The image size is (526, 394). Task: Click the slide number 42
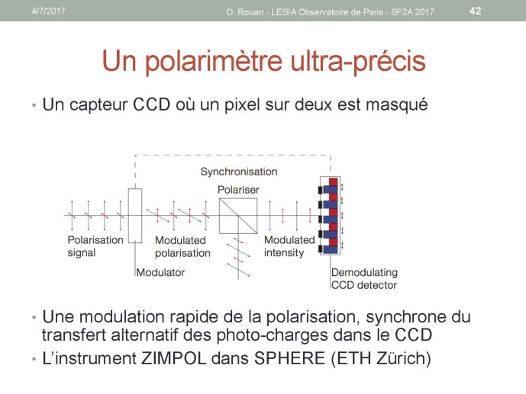coord(476,11)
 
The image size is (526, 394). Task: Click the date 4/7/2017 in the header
coord(48,11)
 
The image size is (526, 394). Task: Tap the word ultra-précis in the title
coord(358,61)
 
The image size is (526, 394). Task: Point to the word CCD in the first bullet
coord(152,104)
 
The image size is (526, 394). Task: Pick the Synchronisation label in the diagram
coord(239,171)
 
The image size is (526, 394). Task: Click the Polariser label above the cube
coord(238,190)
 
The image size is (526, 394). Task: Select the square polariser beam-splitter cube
coord(238,216)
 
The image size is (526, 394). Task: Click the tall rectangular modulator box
coord(135,215)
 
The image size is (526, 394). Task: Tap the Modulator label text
coord(160,273)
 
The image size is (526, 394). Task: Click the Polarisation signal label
coord(95,246)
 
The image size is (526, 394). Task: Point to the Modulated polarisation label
coord(182,247)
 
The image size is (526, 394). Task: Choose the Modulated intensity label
coord(289,246)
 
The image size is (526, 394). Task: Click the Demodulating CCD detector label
coord(364,279)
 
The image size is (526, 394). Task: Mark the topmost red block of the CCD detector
coord(333,182)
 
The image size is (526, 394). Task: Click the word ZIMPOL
coord(173,358)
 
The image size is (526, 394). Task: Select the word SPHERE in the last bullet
coord(289,358)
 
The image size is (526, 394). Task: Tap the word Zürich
coord(404,358)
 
